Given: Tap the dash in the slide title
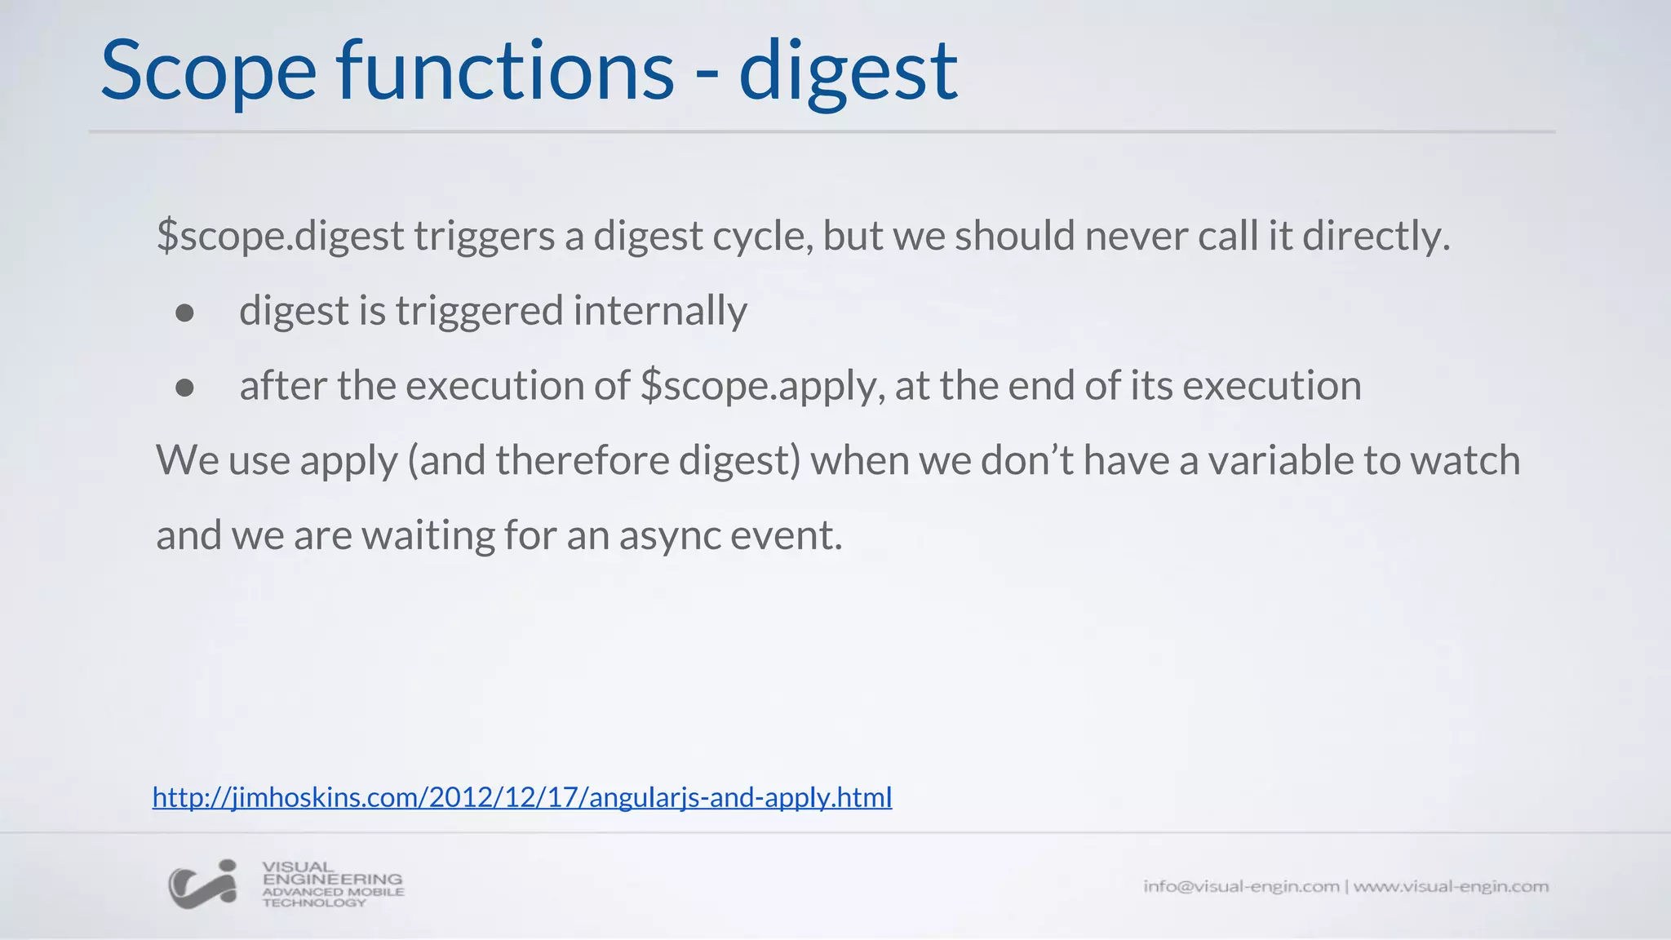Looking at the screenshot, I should click(707, 76).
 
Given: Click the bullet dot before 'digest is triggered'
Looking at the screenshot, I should click(185, 313).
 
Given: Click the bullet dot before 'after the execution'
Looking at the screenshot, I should click(185, 388).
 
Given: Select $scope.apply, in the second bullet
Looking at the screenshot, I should click(763, 387).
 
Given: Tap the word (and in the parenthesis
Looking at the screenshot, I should click(446, 461).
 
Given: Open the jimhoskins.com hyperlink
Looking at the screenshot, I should click(522, 797).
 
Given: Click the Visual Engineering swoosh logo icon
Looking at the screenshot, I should click(202, 885).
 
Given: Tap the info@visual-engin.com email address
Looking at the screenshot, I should click(1240, 886).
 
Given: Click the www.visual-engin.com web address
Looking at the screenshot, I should click(1451, 886).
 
